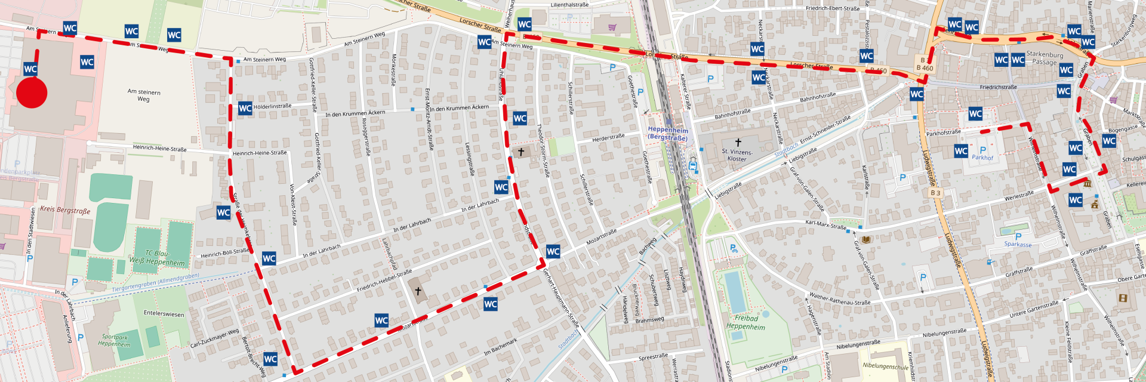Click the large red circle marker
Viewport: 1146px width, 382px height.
[32, 93]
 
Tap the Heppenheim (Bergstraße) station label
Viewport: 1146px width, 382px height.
[668, 134]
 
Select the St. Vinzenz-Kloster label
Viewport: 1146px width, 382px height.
[737, 155]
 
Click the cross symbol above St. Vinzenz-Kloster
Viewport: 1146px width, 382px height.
[738, 143]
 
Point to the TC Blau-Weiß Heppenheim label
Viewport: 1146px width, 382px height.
[156, 258]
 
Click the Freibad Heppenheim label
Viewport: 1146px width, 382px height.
[745, 322]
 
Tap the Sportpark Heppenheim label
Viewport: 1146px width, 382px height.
[114, 340]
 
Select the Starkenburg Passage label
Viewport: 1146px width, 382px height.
[1045, 58]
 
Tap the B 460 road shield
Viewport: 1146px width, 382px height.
[925, 64]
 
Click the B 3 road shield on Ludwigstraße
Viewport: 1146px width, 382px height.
[935, 193]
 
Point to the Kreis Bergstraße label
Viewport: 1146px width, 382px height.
[65, 210]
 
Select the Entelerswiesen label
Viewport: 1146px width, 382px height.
[164, 313]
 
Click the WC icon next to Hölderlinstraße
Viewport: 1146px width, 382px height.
[245, 108]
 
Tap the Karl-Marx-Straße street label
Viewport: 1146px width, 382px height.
[825, 225]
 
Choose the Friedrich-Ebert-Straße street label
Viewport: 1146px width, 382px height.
[833, 8]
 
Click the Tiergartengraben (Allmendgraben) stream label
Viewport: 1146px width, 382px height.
[155, 283]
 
